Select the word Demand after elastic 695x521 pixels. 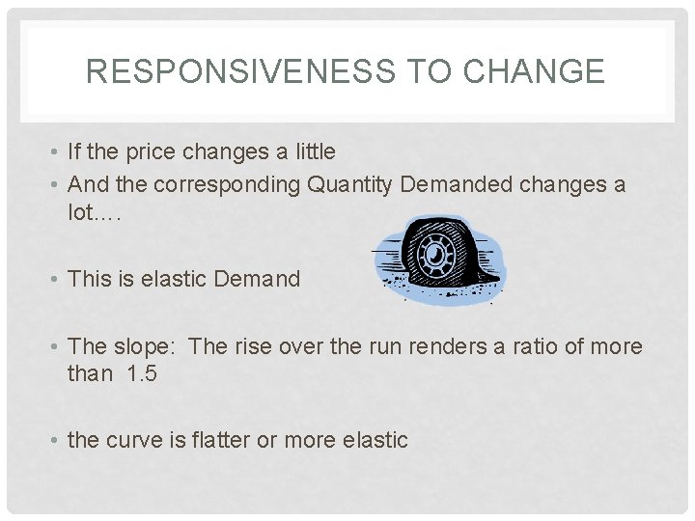coord(257,279)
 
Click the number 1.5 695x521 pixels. coord(140,372)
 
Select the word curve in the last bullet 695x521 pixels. coord(133,440)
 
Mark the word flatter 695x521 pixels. coord(218,440)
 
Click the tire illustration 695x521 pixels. coord(440,257)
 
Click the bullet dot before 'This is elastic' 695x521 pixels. coord(57,280)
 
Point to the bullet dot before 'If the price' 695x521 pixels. coord(57,152)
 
